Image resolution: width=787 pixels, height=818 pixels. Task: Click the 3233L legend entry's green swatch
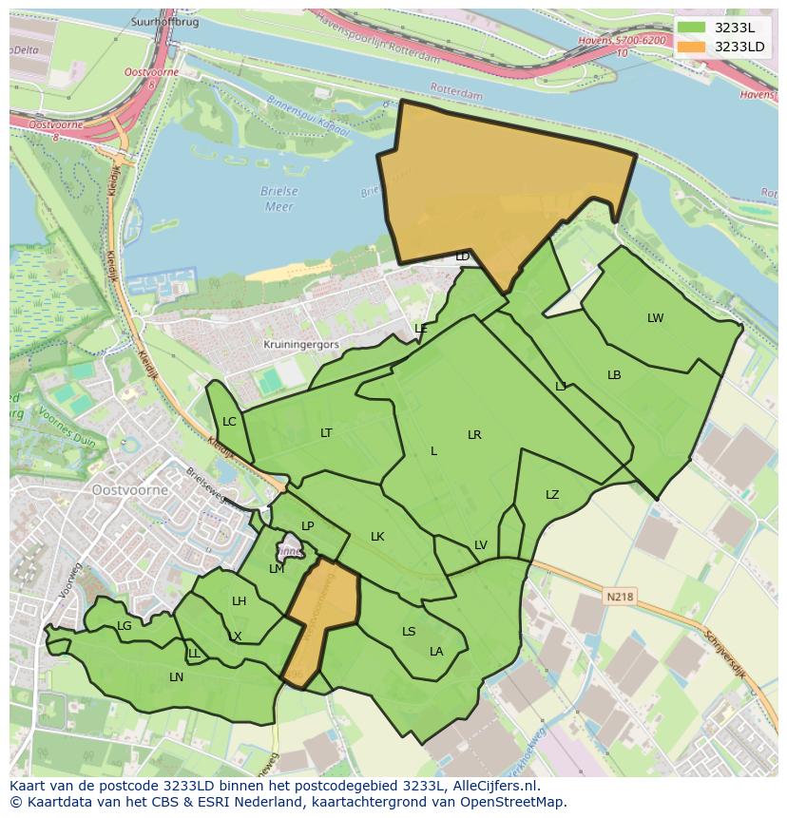point(691,28)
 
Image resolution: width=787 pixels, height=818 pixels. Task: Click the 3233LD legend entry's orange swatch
point(691,47)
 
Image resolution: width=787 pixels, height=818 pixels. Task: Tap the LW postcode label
point(655,318)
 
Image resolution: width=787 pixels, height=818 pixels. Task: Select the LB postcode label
point(614,375)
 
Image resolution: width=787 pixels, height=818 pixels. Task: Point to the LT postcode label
point(326,433)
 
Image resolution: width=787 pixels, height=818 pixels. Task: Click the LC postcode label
point(229,422)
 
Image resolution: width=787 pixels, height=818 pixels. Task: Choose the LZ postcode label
point(552,495)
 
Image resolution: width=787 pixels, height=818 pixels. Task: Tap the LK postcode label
point(377,537)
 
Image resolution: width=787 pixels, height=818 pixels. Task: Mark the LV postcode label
point(481,545)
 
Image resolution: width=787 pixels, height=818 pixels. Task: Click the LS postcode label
point(409,632)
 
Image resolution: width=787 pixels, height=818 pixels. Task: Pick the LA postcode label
point(436,652)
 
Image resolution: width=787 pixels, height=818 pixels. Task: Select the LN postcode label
point(176,677)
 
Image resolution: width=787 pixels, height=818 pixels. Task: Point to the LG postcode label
point(125,626)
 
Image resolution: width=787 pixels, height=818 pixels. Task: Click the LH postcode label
point(239,601)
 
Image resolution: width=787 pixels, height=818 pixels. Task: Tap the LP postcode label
point(307,526)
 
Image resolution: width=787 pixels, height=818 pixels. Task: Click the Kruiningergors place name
point(301,345)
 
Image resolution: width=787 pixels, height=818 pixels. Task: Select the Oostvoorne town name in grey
point(130,490)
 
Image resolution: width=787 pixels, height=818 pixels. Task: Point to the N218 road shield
point(618,597)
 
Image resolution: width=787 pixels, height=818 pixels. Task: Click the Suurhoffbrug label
point(165,22)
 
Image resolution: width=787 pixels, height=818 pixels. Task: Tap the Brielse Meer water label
point(279,199)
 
